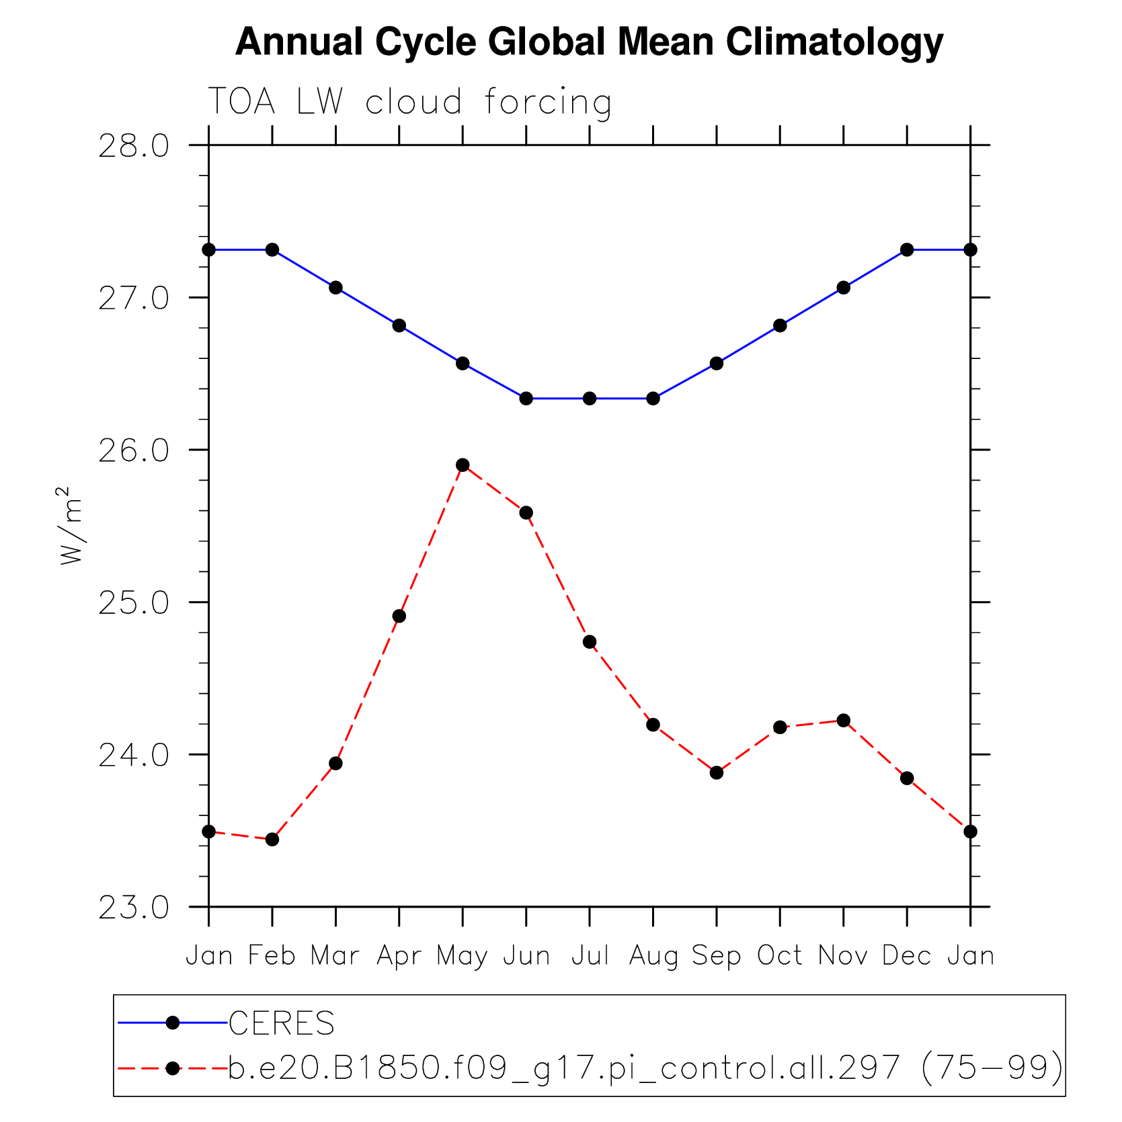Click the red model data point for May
463,465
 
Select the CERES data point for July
590,399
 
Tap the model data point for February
272,839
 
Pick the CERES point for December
907,249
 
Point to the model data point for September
717,772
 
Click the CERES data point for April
399,325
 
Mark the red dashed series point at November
844,721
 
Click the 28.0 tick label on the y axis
134,146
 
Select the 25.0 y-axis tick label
134,603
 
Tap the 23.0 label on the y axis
134,908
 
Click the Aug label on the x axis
653,956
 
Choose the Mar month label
335,955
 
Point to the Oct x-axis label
780,955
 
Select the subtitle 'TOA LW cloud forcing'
409,103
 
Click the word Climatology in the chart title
834,42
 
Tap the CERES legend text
282,1024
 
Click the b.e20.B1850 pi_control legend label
645,1068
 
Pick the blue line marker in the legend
173,1023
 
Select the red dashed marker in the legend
173,1068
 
